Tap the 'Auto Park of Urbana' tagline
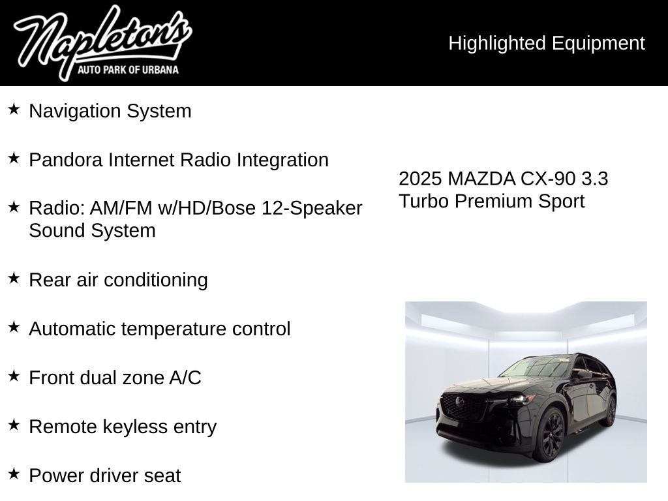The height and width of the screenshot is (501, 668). pos(128,69)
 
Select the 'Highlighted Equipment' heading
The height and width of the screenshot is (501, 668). pos(547,43)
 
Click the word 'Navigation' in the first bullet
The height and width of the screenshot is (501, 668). pos(75,111)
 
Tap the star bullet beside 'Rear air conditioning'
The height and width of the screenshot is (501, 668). pos(14,278)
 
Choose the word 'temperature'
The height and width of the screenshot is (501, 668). pos(174,329)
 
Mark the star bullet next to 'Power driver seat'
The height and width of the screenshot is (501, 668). pos(14,474)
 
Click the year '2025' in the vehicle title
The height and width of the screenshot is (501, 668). pos(420,179)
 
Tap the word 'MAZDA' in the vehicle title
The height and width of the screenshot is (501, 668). pos(481,179)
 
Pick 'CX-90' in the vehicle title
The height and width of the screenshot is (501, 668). pos(548,179)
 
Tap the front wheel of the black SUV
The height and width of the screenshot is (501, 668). pos(551,434)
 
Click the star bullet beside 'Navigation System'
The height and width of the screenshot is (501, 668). pos(14,109)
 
